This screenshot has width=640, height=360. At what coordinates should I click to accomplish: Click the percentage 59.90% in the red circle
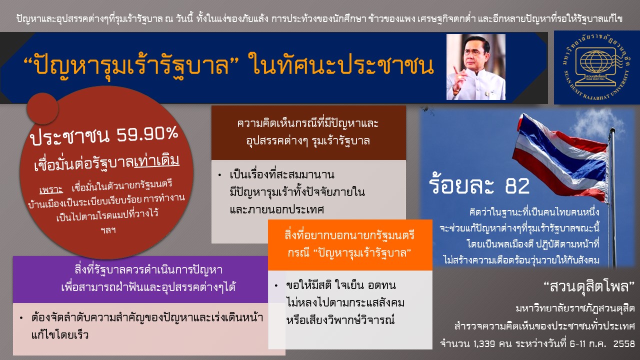pos(147,133)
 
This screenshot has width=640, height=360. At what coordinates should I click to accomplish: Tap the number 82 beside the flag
pos(517,186)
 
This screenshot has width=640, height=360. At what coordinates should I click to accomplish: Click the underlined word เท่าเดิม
pos(156,161)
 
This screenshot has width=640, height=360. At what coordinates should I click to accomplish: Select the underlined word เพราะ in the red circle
pos(51,189)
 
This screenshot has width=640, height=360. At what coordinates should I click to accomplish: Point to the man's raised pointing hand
pos(459,79)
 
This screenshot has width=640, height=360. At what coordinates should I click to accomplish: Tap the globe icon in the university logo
pos(595,62)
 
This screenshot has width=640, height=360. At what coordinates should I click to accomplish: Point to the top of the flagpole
pos(612,130)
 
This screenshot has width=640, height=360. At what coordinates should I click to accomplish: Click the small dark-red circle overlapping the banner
pos(43,108)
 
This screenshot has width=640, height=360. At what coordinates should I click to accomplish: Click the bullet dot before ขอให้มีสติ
pos(276,285)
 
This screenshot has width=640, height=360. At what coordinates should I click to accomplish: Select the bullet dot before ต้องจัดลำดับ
pos(21,317)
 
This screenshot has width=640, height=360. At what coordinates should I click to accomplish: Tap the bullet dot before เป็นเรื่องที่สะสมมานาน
pos(219,175)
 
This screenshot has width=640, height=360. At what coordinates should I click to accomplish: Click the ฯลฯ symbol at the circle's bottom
pos(108,230)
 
